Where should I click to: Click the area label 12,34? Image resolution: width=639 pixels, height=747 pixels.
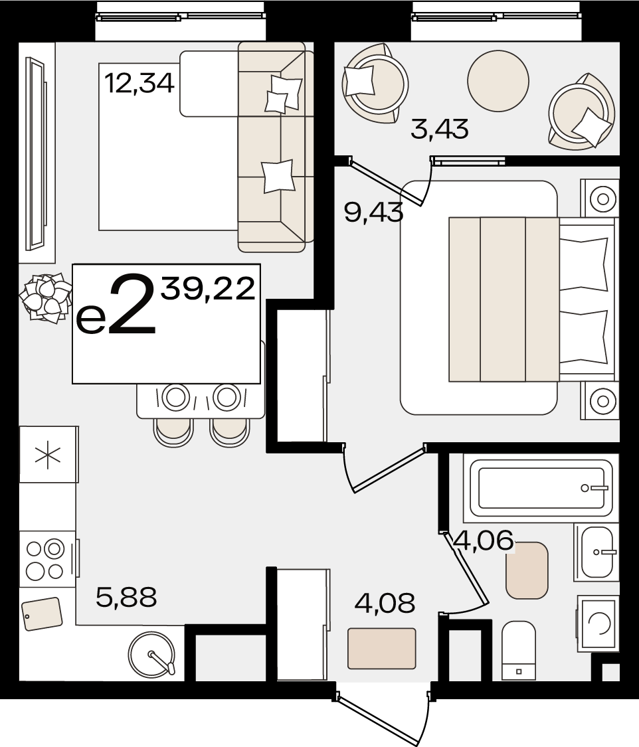(x=139, y=83)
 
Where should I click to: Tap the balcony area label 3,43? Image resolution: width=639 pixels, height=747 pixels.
(x=439, y=129)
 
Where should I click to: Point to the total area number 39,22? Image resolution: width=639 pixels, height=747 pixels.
(x=208, y=288)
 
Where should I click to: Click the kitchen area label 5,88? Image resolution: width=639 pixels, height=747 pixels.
(x=126, y=597)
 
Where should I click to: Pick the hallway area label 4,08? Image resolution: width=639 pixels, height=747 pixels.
(x=385, y=603)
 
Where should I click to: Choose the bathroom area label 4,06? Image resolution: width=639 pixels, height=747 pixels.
(x=484, y=540)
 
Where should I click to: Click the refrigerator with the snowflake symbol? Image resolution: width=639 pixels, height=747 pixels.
(x=48, y=454)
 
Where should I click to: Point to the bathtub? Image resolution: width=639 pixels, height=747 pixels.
(x=541, y=488)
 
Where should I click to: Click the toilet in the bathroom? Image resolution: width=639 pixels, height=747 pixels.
(x=519, y=650)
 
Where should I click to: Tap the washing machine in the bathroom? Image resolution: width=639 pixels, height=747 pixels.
(x=598, y=623)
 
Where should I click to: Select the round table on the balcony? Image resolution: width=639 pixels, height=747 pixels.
(x=498, y=81)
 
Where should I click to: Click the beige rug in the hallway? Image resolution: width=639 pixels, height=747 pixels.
(x=382, y=648)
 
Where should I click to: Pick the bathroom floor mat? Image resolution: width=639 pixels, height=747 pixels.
(x=527, y=570)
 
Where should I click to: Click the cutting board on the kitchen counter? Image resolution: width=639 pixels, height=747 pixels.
(x=42, y=614)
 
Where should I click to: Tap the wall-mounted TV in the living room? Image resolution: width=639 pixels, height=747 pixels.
(x=37, y=154)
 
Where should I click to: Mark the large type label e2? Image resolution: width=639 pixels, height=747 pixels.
(x=116, y=304)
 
